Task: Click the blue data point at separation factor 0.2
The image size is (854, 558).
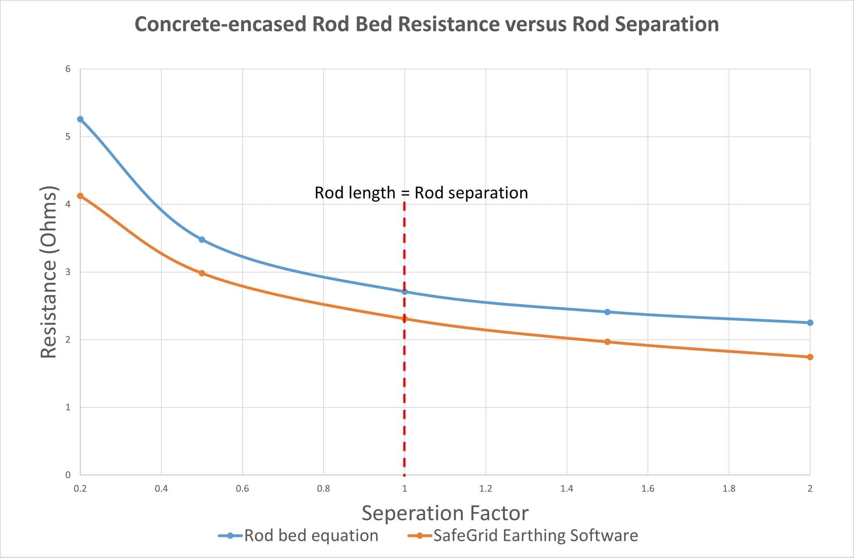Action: pos(80,119)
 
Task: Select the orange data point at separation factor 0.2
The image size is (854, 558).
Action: pos(80,196)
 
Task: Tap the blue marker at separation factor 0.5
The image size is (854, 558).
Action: pos(202,240)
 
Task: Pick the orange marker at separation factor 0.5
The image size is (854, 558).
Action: pos(202,273)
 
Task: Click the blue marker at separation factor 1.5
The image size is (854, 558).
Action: pos(607,312)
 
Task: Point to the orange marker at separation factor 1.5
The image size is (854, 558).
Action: pos(607,342)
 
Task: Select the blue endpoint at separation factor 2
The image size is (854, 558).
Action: pos(810,323)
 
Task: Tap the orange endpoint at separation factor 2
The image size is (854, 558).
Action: pos(810,357)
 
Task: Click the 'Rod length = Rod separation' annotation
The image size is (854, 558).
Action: pos(421,193)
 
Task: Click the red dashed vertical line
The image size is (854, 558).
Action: pos(404,386)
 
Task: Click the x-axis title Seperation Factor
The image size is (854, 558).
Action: pos(445,513)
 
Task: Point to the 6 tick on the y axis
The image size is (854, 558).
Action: pos(68,69)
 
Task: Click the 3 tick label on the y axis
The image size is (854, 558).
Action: pos(68,272)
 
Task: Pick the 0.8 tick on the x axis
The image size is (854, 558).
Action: pos(323,488)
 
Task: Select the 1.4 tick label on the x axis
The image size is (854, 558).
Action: pos(567,488)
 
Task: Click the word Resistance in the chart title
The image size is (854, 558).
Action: pos(448,24)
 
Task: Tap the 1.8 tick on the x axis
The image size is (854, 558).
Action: pos(729,488)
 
